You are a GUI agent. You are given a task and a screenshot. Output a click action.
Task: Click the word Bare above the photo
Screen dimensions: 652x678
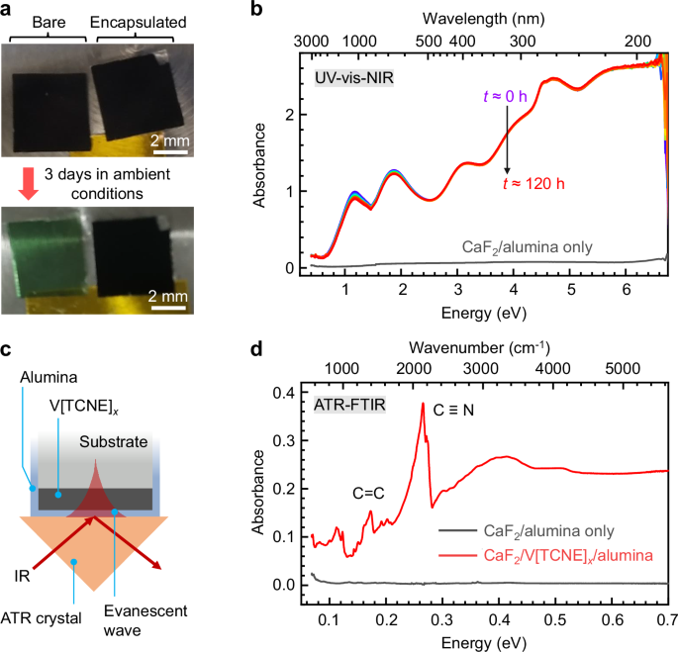point(46,22)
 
